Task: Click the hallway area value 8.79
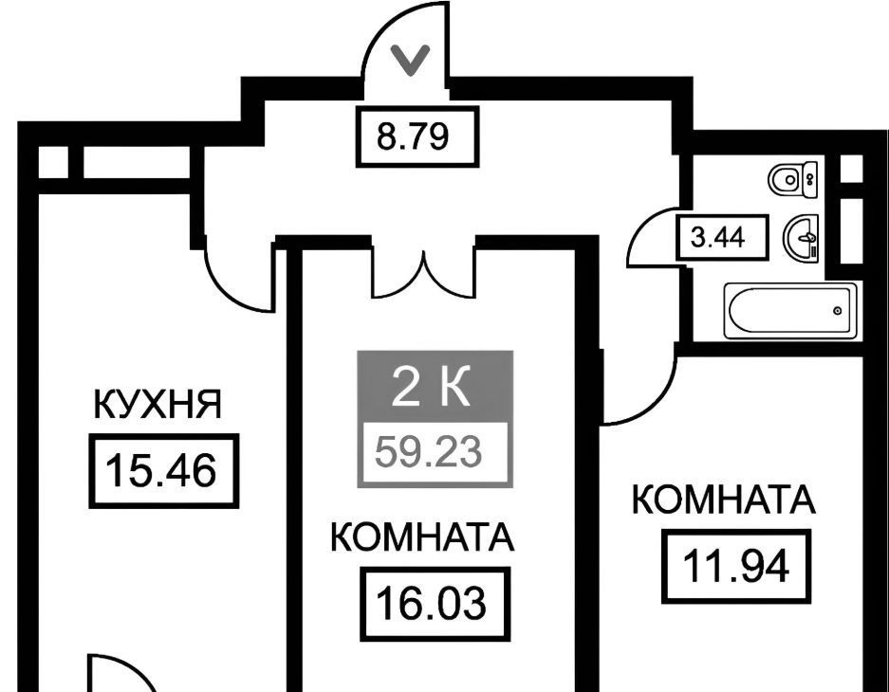pyautogui.click(x=413, y=137)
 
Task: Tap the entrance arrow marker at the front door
pyautogui.click(x=411, y=61)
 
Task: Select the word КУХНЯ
pyautogui.click(x=157, y=405)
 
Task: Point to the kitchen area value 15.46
pyautogui.click(x=161, y=471)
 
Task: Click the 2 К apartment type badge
pyautogui.click(x=432, y=388)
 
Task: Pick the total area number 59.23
pyautogui.click(x=429, y=452)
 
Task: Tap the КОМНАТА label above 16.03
pyautogui.click(x=422, y=537)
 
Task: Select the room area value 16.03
pyautogui.click(x=432, y=604)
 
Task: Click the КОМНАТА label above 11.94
pyautogui.click(x=724, y=500)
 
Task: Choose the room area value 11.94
pyautogui.click(x=735, y=566)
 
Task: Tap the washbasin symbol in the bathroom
pyautogui.click(x=801, y=239)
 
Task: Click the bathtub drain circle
pyautogui.click(x=838, y=311)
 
